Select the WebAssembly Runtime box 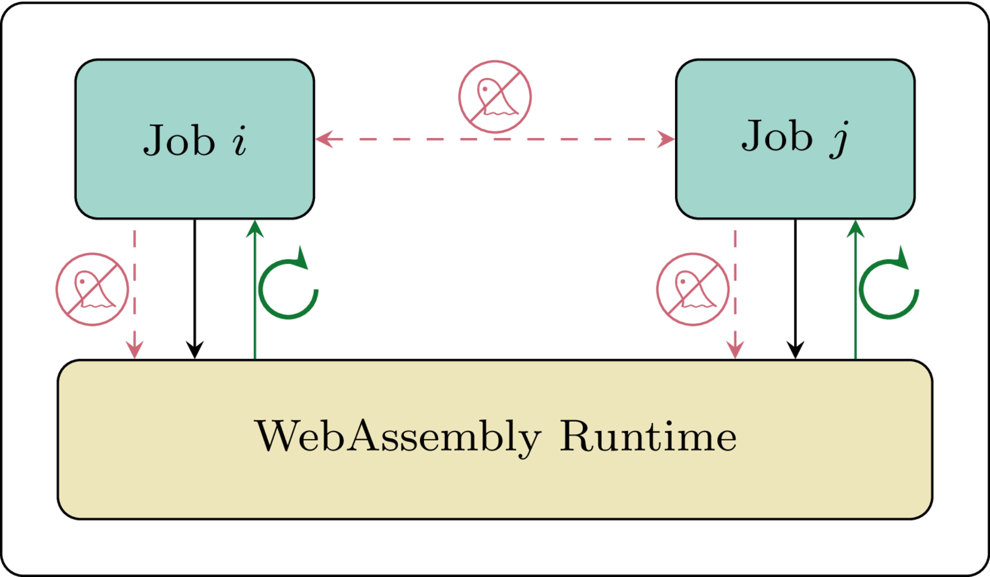495,483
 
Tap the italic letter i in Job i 240,141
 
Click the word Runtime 648,437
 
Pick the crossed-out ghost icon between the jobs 495,97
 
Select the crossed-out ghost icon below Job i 92,289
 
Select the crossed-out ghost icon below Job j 693,289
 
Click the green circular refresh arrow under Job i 288,287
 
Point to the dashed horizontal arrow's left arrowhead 323,139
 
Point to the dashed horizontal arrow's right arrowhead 667,139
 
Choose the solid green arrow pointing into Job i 255,291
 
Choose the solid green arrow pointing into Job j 855,291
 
